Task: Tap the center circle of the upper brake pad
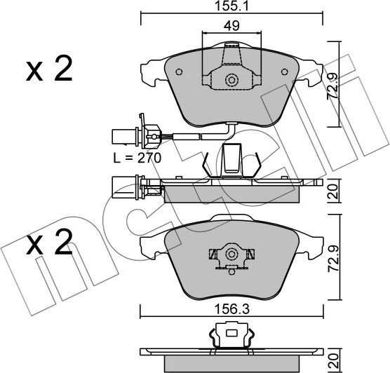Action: [x=230, y=81]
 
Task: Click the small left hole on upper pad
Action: [x=178, y=72]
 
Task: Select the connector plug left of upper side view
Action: [x=130, y=187]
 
